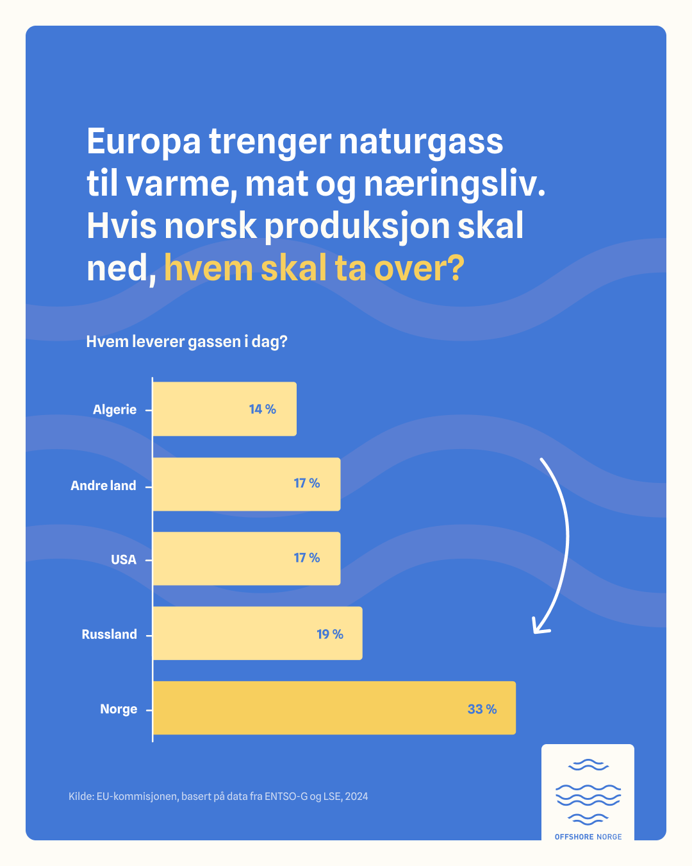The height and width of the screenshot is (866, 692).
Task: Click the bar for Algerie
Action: pyautogui.click(x=224, y=409)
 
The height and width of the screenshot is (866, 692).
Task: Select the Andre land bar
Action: pyautogui.click(x=246, y=484)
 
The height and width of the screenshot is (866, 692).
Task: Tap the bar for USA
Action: pyautogui.click(x=246, y=559)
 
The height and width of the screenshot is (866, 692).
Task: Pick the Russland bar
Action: pyautogui.click(x=257, y=633)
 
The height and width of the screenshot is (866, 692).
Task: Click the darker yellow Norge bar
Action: pyautogui.click(x=334, y=708)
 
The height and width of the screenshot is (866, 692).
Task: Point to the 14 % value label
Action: pyautogui.click(x=262, y=409)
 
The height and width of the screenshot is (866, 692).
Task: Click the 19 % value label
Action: pyautogui.click(x=330, y=634)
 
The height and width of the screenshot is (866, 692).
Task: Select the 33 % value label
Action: pyautogui.click(x=482, y=709)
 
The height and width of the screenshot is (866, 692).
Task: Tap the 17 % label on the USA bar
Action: pyautogui.click(x=306, y=558)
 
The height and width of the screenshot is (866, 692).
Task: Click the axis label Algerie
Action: pyautogui.click(x=115, y=410)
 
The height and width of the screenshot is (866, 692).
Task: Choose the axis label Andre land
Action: pyautogui.click(x=103, y=486)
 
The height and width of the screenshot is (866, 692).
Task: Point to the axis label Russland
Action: pyautogui.click(x=109, y=634)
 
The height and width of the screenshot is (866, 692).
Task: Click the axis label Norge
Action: pyautogui.click(x=119, y=709)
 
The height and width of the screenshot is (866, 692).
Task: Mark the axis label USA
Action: pyautogui.click(x=124, y=560)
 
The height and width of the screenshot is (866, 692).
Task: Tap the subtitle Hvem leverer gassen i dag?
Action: pyautogui.click(x=186, y=341)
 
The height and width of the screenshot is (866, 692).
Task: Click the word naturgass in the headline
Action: pyautogui.click(x=420, y=141)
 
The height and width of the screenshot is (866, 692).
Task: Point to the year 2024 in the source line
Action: pyautogui.click(x=356, y=797)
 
